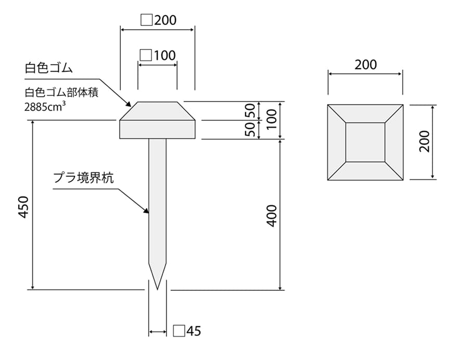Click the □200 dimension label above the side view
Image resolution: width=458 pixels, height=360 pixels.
[159, 20]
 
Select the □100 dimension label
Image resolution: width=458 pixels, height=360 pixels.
[158, 55]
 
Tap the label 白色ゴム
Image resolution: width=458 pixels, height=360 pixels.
[48, 69]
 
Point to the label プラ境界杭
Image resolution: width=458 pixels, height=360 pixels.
[83, 178]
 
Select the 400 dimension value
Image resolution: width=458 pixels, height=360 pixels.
[271, 215]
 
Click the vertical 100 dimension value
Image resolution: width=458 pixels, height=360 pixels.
[271, 120]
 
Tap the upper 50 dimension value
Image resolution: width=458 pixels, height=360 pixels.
[251, 111]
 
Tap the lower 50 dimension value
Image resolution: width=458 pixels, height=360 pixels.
[251, 130]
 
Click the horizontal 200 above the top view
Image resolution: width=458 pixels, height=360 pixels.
[365, 65]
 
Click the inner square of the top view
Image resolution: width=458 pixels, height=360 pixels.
[365, 142]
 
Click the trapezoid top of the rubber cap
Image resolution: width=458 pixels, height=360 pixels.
[158, 111]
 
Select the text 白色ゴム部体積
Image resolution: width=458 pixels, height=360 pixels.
[61, 94]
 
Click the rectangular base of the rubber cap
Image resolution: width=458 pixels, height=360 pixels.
[158, 130]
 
